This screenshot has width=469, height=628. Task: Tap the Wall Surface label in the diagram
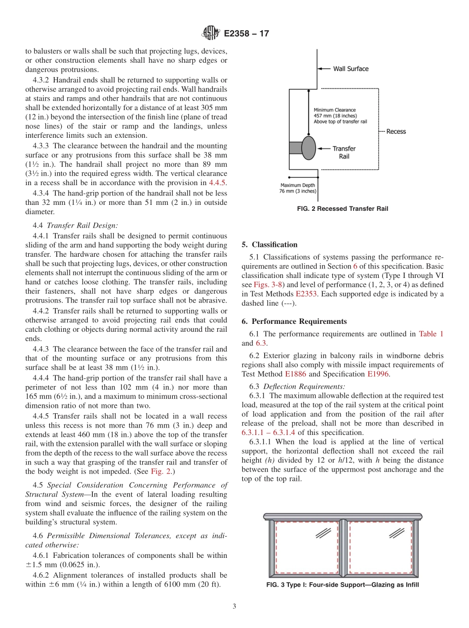351,69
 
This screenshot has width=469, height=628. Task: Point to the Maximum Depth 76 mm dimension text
299,188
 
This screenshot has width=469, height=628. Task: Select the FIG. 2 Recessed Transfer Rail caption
342,209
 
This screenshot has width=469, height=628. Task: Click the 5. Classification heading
270,244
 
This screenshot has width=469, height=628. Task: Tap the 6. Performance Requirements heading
294,321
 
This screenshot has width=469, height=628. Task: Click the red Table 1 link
431,334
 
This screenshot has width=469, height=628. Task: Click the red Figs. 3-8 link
267,285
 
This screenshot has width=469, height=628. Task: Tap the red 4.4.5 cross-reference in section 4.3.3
218,182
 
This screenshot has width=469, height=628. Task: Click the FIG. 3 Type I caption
342,586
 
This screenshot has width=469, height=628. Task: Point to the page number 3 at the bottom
234,607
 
